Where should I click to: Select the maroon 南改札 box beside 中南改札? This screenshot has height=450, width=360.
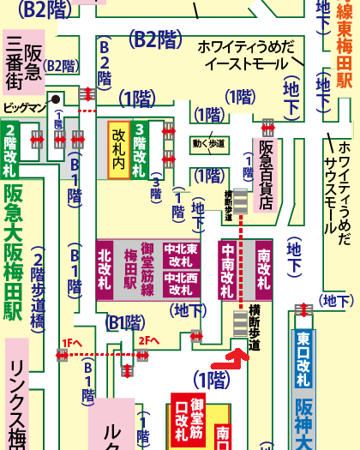tap(263, 267)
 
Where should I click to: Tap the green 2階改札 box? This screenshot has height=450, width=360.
tap(11, 151)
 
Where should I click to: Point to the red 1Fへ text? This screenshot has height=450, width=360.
tap(71, 342)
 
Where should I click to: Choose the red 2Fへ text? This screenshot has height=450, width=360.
tap(147, 341)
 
